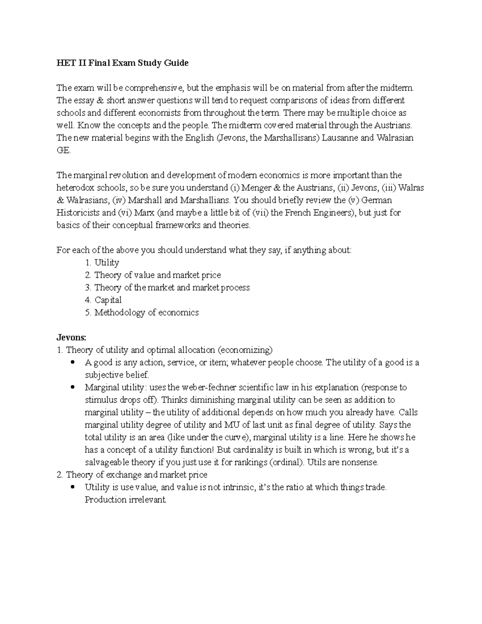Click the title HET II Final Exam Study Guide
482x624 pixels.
click(x=122, y=63)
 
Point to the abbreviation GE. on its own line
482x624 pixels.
click(x=63, y=150)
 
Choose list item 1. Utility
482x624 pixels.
click(x=102, y=262)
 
